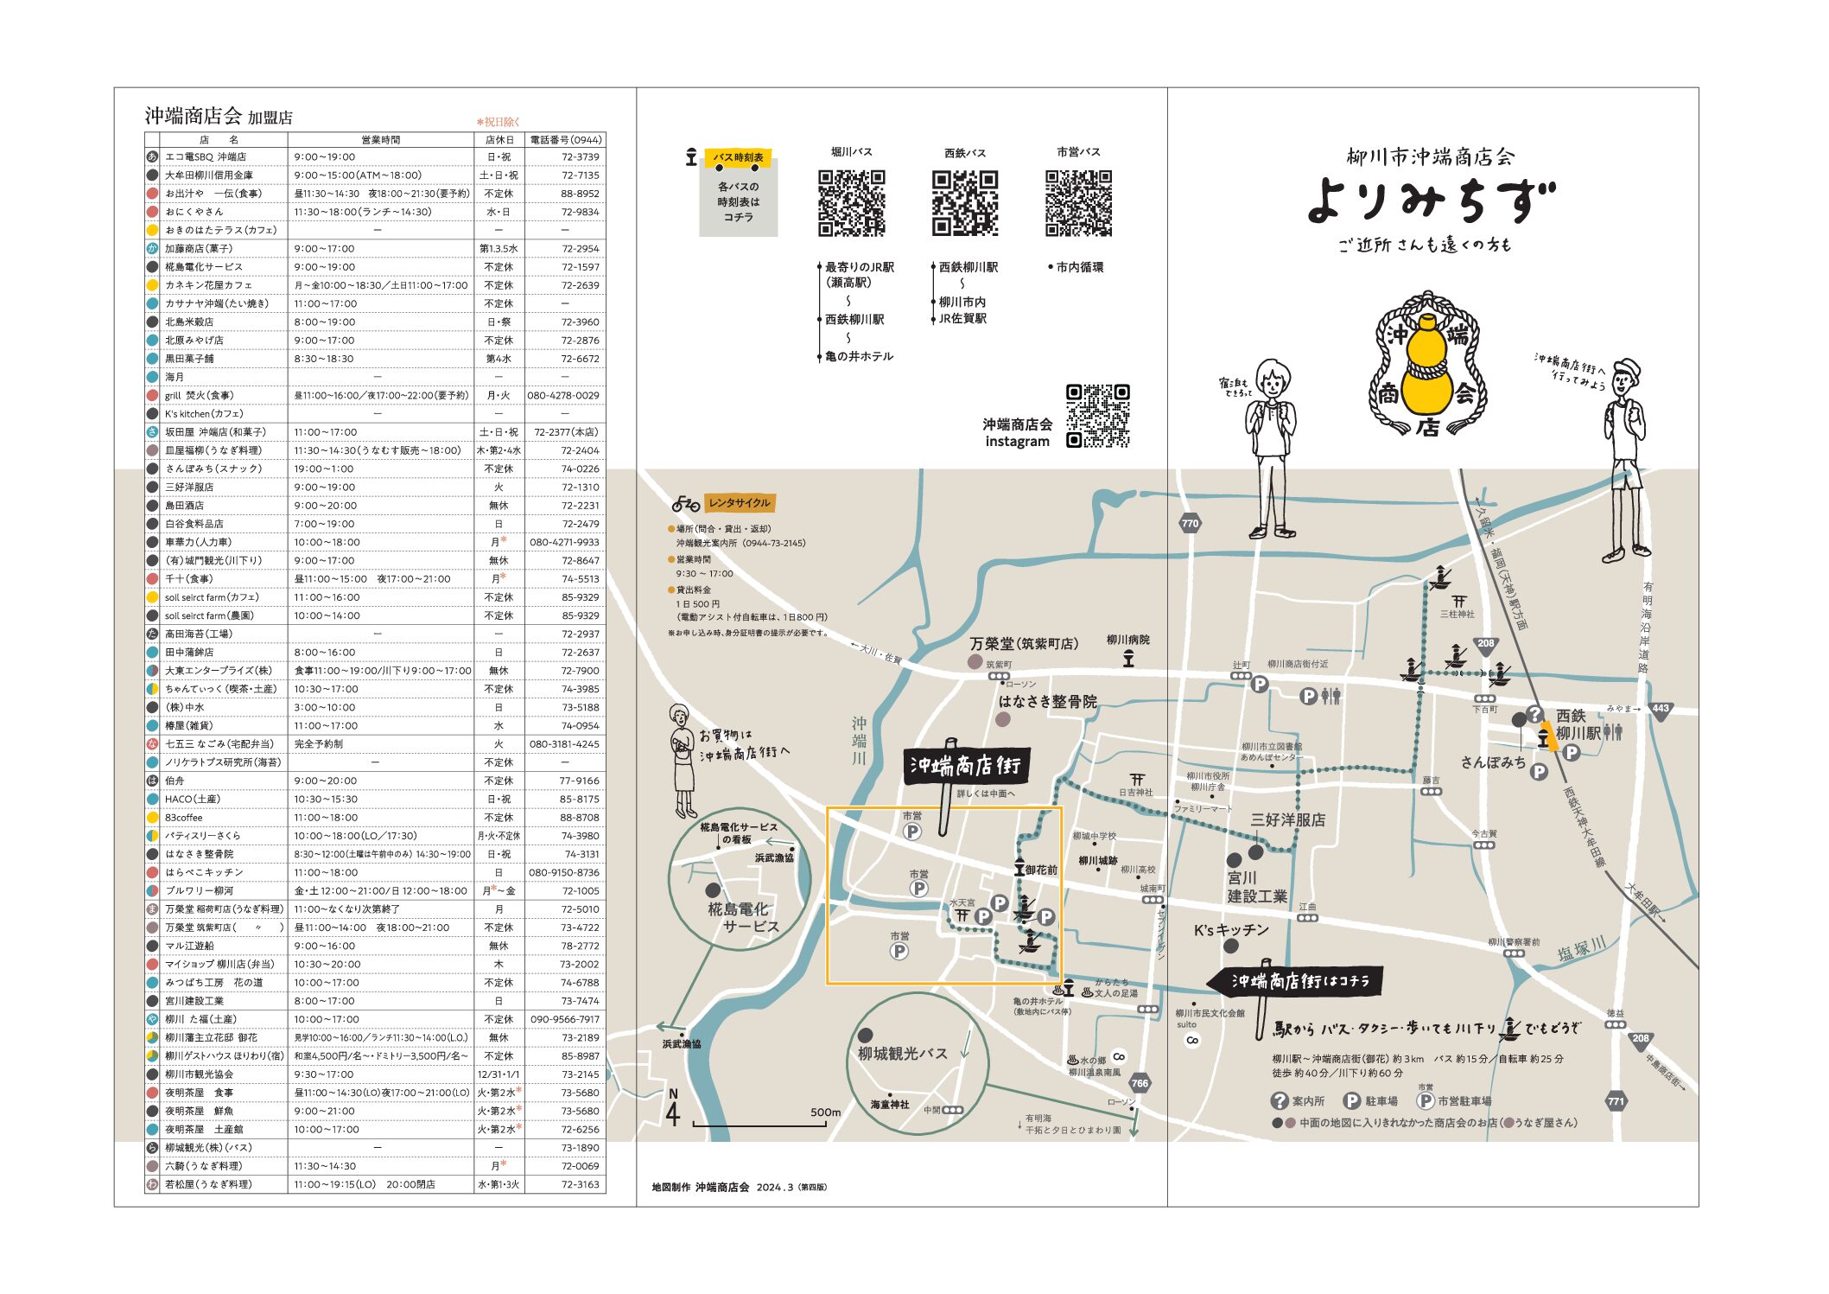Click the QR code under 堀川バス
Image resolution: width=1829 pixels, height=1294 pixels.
click(x=851, y=203)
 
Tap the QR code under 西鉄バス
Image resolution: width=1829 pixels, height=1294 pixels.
click(x=964, y=203)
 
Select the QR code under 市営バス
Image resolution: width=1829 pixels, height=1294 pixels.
click(x=1078, y=203)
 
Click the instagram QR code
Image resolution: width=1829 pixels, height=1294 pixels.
click(x=1097, y=416)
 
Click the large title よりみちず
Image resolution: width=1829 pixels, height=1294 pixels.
click(x=1430, y=201)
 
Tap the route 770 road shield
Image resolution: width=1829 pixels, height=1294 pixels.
click(x=1190, y=524)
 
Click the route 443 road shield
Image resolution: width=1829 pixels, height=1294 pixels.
click(x=1660, y=709)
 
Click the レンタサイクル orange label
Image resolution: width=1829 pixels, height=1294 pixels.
click(x=739, y=503)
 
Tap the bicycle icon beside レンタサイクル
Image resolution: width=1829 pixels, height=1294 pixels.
click(x=685, y=504)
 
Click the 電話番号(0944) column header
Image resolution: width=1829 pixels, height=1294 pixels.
click(x=565, y=140)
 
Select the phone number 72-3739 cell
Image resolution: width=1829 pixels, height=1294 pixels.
click(x=580, y=157)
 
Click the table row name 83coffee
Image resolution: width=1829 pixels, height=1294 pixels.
click(x=184, y=818)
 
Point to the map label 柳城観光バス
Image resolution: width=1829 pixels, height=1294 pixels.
click(x=902, y=1054)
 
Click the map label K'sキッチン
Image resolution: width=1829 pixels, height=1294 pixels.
click(x=1231, y=930)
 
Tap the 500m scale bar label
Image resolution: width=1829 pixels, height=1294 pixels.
click(x=825, y=1112)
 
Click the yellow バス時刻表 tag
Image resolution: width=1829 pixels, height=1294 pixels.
click(x=738, y=158)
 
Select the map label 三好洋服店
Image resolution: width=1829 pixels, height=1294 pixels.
click(x=1287, y=819)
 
